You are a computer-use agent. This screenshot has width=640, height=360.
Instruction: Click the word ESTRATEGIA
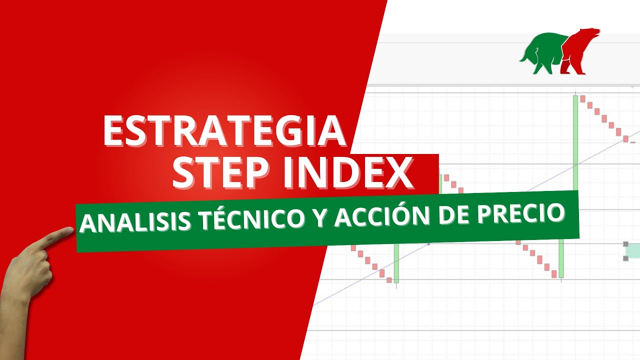point(224,131)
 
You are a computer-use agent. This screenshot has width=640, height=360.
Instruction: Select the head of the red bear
point(592,34)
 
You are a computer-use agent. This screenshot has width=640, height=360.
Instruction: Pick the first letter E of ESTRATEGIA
point(113,131)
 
